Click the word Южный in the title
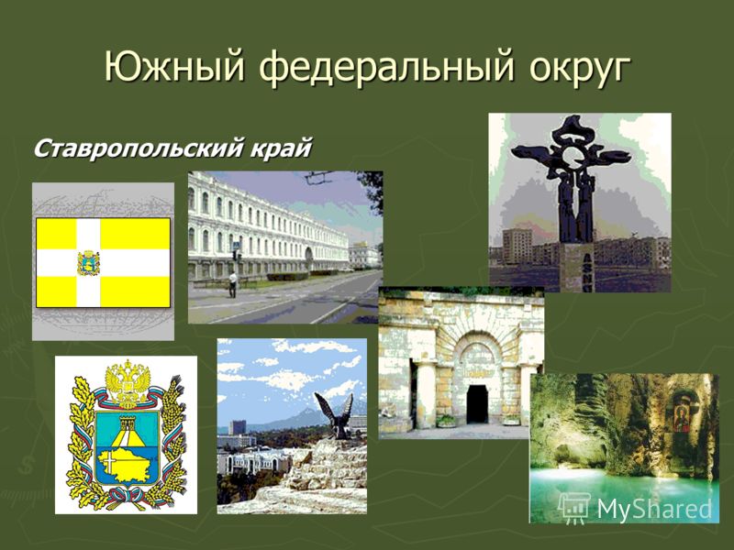point(174,68)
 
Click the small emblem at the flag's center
point(88,263)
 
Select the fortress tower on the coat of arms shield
point(128,424)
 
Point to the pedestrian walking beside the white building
point(233,284)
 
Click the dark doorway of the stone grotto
point(477,404)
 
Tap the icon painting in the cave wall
point(683,414)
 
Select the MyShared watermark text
point(654,508)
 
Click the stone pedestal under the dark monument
point(576,268)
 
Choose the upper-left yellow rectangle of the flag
point(56,234)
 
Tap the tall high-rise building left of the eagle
point(238,427)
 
